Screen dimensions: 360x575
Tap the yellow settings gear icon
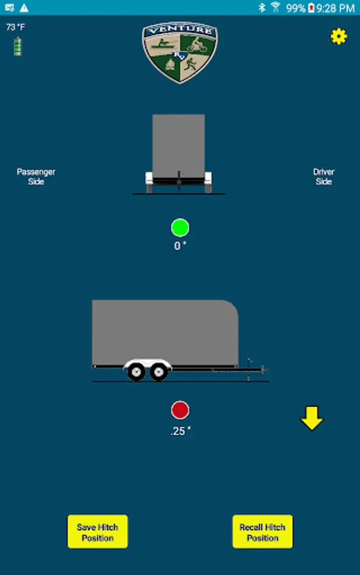[338, 36]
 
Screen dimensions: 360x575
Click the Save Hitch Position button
[98, 532]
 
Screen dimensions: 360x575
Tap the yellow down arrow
[312, 418]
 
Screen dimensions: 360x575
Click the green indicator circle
[180, 227]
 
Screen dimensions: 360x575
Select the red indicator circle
[180, 410]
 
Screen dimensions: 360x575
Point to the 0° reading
[180, 246]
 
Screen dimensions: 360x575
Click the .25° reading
[180, 431]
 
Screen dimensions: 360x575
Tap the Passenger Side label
[36, 176]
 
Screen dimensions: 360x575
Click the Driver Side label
[324, 176]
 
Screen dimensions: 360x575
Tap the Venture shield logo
[180, 52]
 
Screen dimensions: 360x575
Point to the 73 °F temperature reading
[15, 27]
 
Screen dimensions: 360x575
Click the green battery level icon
[17, 47]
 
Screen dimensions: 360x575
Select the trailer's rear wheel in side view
[136, 372]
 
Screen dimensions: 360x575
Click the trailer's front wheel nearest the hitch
[159, 372]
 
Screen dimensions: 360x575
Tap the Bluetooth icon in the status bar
[262, 7]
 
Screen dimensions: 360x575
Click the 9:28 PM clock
[336, 8]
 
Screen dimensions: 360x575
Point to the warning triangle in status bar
[24, 8]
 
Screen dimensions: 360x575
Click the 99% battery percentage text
[296, 8]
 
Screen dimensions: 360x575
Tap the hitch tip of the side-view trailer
[267, 370]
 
